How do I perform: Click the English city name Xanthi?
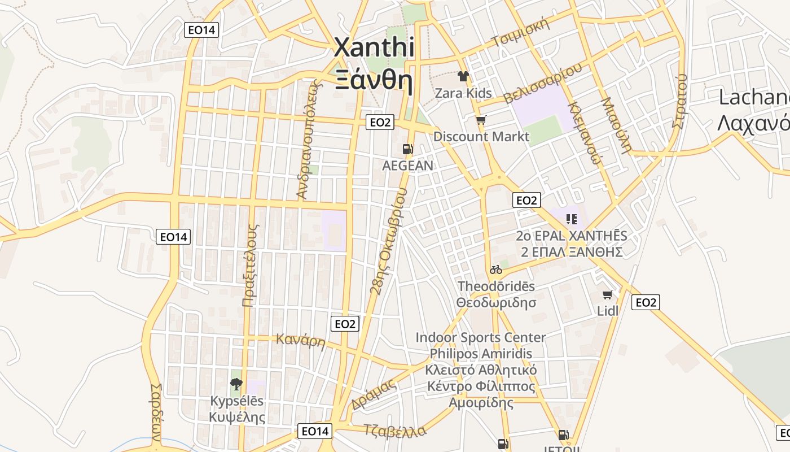(x=374, y=47)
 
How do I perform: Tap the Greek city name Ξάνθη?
(x=374, y=80)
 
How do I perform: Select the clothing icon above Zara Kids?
(x=463, y=76)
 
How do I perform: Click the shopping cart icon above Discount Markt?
(x=481, y=120)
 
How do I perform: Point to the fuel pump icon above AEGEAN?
(x=407, y=150)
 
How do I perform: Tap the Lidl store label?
(x=608, y=311)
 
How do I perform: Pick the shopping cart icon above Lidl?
(x=608, y=294)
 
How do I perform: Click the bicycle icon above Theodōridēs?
(x=496, y=270)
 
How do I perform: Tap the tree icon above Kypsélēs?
(x=236, y=384)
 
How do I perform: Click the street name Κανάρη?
(x=300, y=341)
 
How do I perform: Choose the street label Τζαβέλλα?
(x=395, y=430)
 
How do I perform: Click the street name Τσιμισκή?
(x=520, y=33)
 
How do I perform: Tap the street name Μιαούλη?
(x=615, y=125)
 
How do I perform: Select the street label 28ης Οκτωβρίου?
(x=388, y=241)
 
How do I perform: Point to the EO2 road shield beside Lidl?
(x=646, y=302)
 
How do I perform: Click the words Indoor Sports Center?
(x=481, y=337)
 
